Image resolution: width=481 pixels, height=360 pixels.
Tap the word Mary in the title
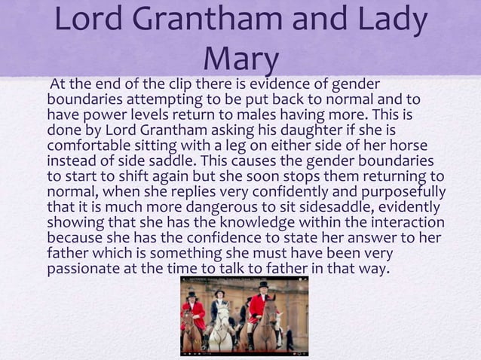241,59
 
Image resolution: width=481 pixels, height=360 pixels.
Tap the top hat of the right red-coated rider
265,285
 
